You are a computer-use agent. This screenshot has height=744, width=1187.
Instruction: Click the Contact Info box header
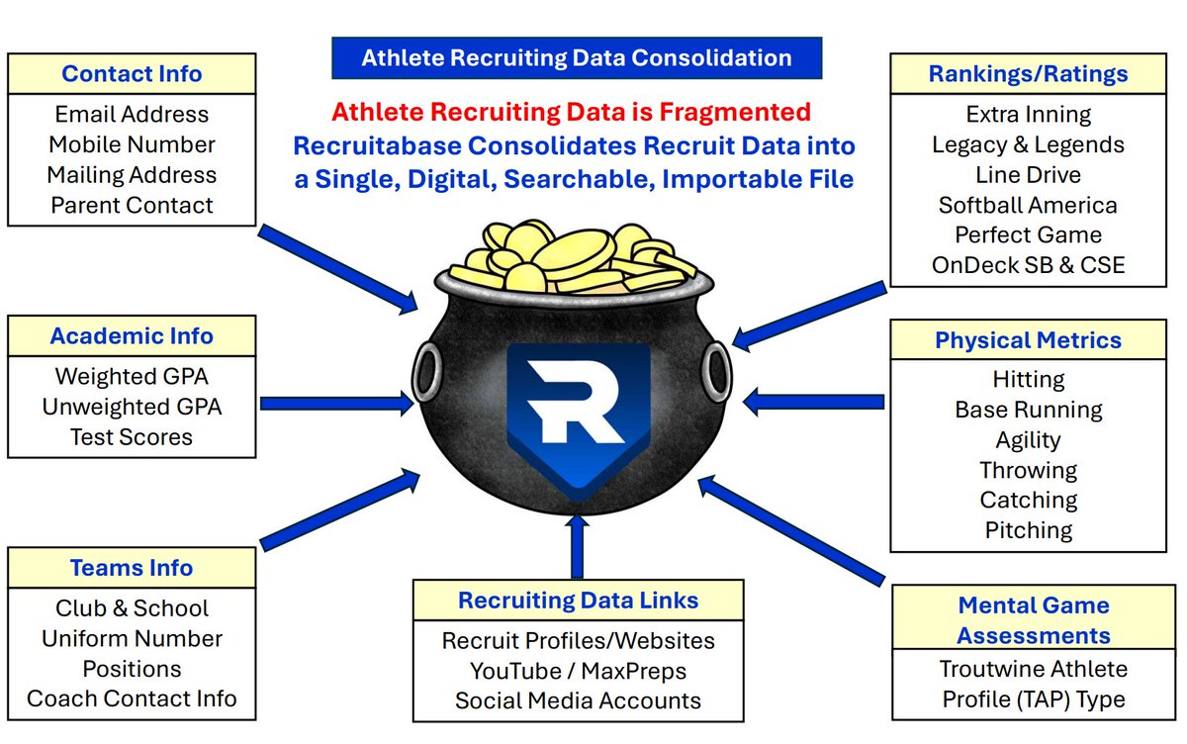tap(132, 74)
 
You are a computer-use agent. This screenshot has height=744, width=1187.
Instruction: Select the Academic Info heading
tap(132, 336)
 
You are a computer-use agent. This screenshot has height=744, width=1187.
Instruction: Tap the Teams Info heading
tap(132, 568)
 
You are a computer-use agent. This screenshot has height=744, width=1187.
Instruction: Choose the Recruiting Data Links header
tap(578, 600)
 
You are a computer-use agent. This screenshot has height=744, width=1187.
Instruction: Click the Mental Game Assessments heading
tap(1034, 620)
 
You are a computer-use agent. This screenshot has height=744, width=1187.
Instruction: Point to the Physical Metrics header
tap(1028, 340)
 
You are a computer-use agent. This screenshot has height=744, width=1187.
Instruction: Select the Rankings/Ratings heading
tap(1028, 74)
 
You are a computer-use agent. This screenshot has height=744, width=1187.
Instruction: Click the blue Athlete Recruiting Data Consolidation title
tap(577, 58)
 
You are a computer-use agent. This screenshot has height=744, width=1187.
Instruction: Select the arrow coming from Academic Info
tap(336, 403)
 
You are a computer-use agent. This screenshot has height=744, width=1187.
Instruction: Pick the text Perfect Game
tap(1028, 235)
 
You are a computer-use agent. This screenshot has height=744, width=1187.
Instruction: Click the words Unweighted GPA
tap(132, 407)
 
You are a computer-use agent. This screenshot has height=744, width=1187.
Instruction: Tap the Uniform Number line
tap(132, 639)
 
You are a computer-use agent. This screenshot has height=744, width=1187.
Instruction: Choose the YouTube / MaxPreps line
tap(578, 671)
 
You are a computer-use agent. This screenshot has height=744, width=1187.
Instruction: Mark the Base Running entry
tap(1028, 410)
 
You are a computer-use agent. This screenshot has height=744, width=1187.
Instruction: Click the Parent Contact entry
tap(132, 206)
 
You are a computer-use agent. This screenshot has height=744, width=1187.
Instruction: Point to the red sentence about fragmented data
tap(571, 112)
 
